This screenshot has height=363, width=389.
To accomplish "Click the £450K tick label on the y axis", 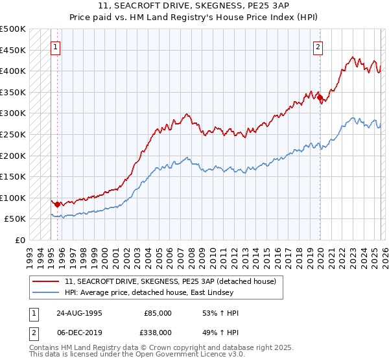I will click(13, 50).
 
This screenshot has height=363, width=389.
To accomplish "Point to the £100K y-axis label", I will click(13, 198).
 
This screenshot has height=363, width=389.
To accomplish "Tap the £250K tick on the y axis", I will click(13, 134).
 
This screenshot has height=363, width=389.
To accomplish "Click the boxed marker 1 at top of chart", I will click(56, 47).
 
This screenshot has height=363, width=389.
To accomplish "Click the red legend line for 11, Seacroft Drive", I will click(47, 281).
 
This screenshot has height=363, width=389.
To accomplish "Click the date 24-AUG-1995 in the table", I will click(80, 313).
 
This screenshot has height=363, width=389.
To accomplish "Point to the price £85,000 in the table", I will click(158, 313).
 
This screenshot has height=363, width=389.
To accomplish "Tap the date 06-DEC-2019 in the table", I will click(80, 331).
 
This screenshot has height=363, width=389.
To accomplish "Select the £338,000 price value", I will click(158, 331).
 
